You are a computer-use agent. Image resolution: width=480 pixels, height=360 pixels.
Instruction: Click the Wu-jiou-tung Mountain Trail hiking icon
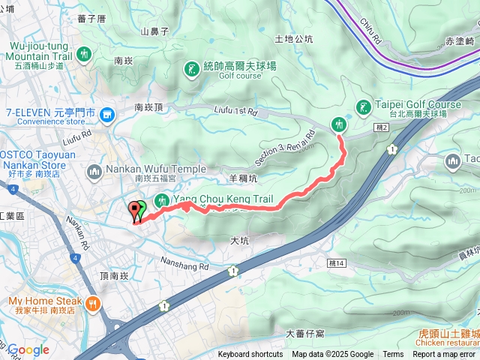pyautogui.click(x=85, y=53)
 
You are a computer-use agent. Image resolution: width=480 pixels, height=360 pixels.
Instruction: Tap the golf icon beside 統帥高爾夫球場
pyautogui.click(x=190, y=70)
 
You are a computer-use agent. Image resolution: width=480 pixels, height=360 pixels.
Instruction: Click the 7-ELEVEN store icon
pyautogui.click(x=107, y=114)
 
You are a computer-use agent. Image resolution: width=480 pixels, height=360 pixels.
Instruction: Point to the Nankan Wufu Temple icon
pyautogui.click(x=94, y=174)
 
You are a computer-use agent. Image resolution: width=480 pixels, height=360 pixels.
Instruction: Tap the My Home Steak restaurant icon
pyautogui.click(x=92, y=304)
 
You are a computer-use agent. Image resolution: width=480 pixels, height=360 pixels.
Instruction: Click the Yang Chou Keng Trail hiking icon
pyautogui.click(x=161, y=201)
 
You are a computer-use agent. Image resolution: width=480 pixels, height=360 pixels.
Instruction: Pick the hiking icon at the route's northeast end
pyautogui.click(x=338, y=124)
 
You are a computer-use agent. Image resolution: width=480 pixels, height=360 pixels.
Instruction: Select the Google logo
pyautogui.click(x=28, y=350)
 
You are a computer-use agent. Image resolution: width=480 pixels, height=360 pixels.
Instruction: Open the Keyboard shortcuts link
pyautogui.click(x=250, y=355)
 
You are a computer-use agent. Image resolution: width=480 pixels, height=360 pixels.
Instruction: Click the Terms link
pyautogui.click(x=393, y=355)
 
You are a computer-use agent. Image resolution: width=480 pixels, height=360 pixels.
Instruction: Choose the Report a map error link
pyautogui.click(x=444, y=355)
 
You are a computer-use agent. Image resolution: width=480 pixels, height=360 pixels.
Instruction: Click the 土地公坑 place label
pyautogui.click(x=294, y=39)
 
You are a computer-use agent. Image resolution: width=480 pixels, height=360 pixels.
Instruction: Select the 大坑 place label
pyautogui.click(x=239, y=240)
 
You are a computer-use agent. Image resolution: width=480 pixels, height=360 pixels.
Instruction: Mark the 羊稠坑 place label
pyautogui.click(x=243, y=178)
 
